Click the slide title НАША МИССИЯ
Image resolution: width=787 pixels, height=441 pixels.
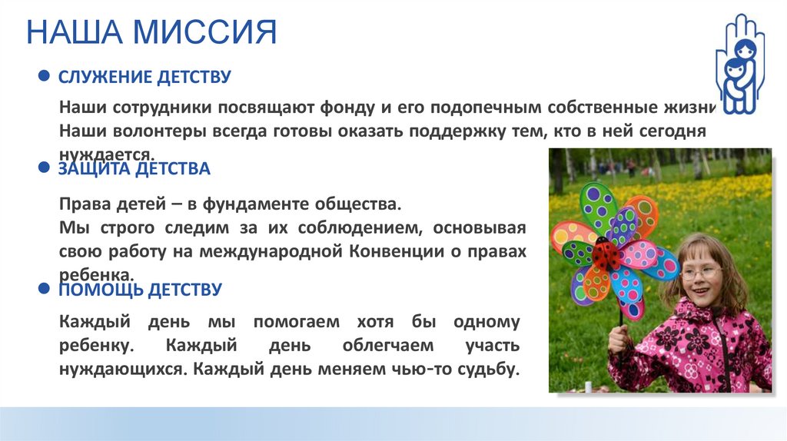tap(151, 35)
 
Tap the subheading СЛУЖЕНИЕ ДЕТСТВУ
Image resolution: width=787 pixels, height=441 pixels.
tap(145, 78)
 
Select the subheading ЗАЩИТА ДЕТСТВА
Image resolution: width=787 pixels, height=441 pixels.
tap(134, 168)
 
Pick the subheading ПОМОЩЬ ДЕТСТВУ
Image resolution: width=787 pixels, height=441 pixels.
tap(141, 290)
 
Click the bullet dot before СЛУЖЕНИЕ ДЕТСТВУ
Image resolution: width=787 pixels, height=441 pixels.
tap(45, 77)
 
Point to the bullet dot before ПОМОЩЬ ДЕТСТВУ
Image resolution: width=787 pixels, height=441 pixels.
tap(45, 290)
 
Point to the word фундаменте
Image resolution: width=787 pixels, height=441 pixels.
tap(279, 205)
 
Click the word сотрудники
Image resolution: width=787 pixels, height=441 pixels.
tap(158, 107)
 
